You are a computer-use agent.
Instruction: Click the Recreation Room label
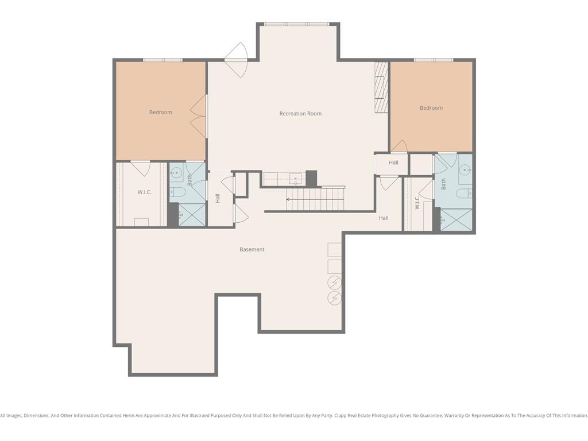pos(300,114)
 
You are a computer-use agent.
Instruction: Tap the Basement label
pos(252,249)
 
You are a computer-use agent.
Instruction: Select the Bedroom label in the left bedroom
pos(161,112)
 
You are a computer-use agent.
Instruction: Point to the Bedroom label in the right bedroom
pos(431,107)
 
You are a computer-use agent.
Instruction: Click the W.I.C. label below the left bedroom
pos(144,192)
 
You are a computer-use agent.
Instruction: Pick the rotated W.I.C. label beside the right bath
pos(417,203)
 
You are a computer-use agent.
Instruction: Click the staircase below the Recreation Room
pos(315,199)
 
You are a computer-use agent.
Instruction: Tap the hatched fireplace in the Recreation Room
pos(381,87)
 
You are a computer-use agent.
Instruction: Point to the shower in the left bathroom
pos(192,215)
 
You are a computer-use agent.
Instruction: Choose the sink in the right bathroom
pos(465,170)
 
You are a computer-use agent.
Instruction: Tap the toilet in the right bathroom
pos(464,193)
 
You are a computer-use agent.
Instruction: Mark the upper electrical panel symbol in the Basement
pos(335,281)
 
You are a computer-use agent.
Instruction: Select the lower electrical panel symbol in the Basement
pos(335,298)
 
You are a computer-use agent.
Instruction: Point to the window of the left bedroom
pos(163,60)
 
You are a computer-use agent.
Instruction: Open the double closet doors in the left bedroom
pos(199,116)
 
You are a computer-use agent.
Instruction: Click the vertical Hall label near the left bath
pos(218,198)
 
